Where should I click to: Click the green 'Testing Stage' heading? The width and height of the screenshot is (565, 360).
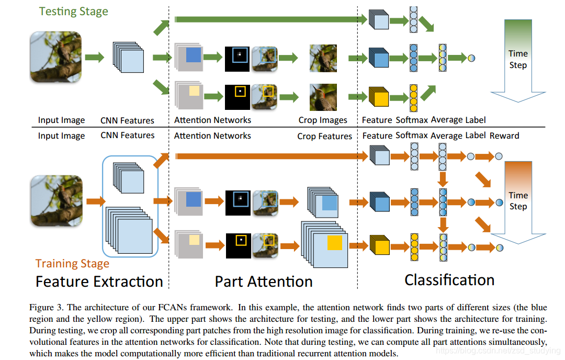pyautogui.click(x=74, y=12)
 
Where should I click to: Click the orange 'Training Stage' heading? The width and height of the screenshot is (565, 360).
pyautogui.click(x=72, y=264)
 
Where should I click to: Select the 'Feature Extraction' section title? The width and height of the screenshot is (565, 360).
pyautogui.click(x=99, y=282)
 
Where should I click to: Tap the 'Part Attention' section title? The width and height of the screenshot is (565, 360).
pyautogui.click(x=264, y=282)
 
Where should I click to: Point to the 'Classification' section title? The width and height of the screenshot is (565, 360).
pyautogui.click(x=449, y=280)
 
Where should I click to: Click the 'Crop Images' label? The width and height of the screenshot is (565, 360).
pyautogui.click(x=323, y=120)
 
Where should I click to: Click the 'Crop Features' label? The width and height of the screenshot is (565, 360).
pyautogui.click(x=324, y=136)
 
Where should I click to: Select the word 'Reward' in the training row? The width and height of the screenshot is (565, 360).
pyautogui.click(x=504, y=136)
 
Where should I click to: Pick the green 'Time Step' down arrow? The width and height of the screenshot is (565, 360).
pyautogui.click(x=518, y=60)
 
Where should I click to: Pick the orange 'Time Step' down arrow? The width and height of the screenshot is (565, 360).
pyautogui.click(x=518, y=201)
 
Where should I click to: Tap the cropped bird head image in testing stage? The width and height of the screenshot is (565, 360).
pyautogui.click(x=323, y=97)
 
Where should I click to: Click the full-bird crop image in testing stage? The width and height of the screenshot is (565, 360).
pyautogui.click(x=323, y=58)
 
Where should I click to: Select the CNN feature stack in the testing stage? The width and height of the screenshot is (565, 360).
pyautogui.click(x=128, y=57)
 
